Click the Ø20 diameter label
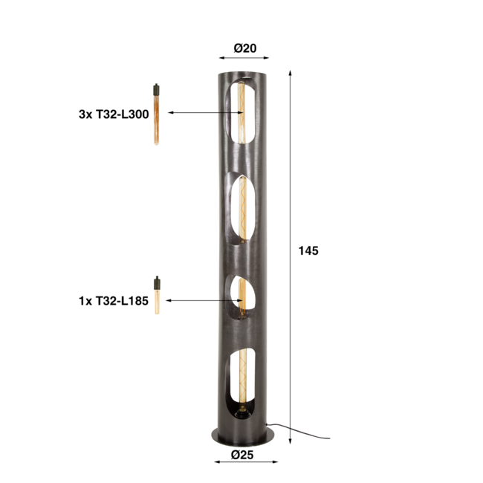pyautogui.click(x=244, y=48)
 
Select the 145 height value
pyautogui.click(x=308, y=251)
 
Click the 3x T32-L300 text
pyautogui.click(x=114, y=114)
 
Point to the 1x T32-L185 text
pyautogui.click(x=114, y=301)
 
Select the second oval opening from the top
pyautogui.click(x=242, y=210)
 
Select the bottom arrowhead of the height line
pyautogui.click(x=290, y=429)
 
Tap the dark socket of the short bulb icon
pyautogui.click(x=157, y=284)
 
